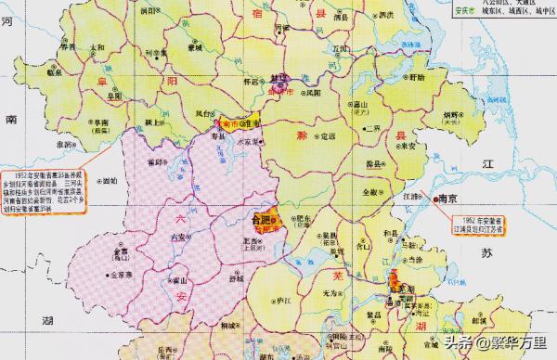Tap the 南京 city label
click(x=450, y=198)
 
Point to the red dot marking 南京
click(x=434, y=198)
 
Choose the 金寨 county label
click(x=120, y=251)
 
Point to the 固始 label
click(x=110, y=181)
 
